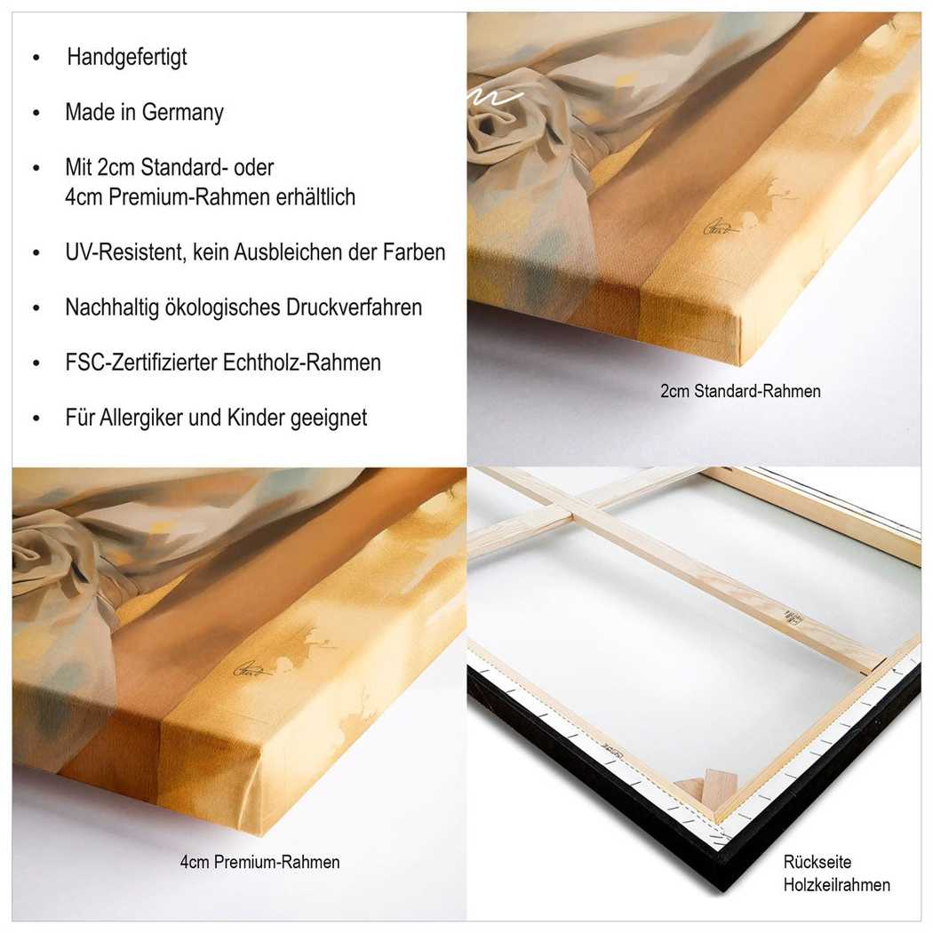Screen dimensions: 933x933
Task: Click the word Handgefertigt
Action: tap(127, 57)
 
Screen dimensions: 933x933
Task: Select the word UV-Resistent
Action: tap(126, 252)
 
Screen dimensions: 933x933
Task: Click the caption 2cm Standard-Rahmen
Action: tap(740, 391)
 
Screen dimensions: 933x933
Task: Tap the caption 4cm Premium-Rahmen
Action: tap(260, 862)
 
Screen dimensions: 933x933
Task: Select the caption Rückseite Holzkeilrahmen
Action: tap(837, 873)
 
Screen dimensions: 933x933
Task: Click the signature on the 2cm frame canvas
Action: tap(722, 227)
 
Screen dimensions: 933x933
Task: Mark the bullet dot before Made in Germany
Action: tap(36, 113)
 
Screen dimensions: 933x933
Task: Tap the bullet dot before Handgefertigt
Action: tap(36, 58)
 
